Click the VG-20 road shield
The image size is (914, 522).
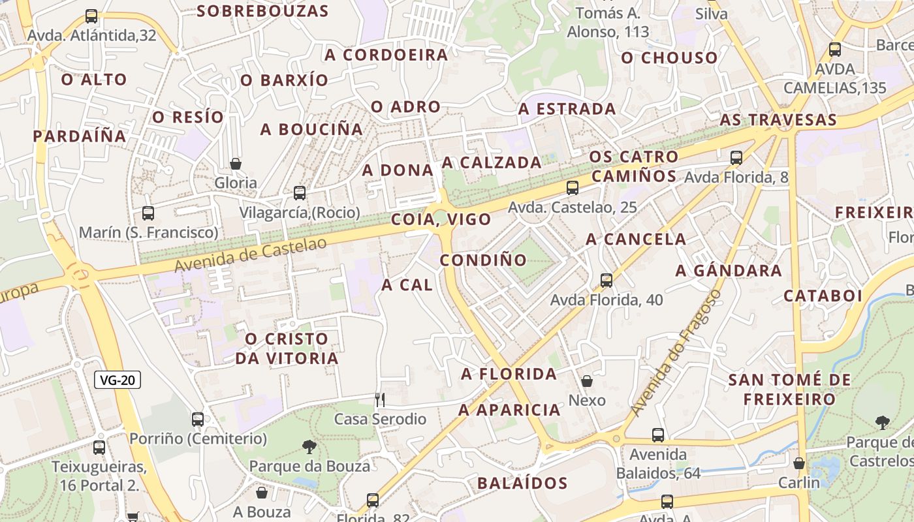point(118,380)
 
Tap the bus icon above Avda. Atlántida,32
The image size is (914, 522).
point(91,16)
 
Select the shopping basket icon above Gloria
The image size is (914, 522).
point(236,164)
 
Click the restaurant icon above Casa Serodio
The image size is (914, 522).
point(380,399)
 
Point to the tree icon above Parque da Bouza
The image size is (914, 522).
point(309,447)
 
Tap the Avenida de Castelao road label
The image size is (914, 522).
point(250,254)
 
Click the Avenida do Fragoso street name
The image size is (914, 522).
point(676,353)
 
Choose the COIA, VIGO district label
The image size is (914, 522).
point(441,219)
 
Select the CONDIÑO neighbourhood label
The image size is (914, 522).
point(483,260)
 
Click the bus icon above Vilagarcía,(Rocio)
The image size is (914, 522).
point(300,193)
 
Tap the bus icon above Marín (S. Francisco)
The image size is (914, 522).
point(148,213)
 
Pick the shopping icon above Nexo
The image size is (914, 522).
point(587,381)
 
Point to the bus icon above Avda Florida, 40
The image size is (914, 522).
point(607,281)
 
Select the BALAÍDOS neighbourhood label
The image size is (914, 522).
point(522,484)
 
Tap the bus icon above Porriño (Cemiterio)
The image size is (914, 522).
point(198,420)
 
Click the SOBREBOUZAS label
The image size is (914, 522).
point(262,11)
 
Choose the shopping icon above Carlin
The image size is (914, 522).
point(799,463)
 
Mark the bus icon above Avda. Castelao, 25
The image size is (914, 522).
point(573,188)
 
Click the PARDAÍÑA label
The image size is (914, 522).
point(80,136)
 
